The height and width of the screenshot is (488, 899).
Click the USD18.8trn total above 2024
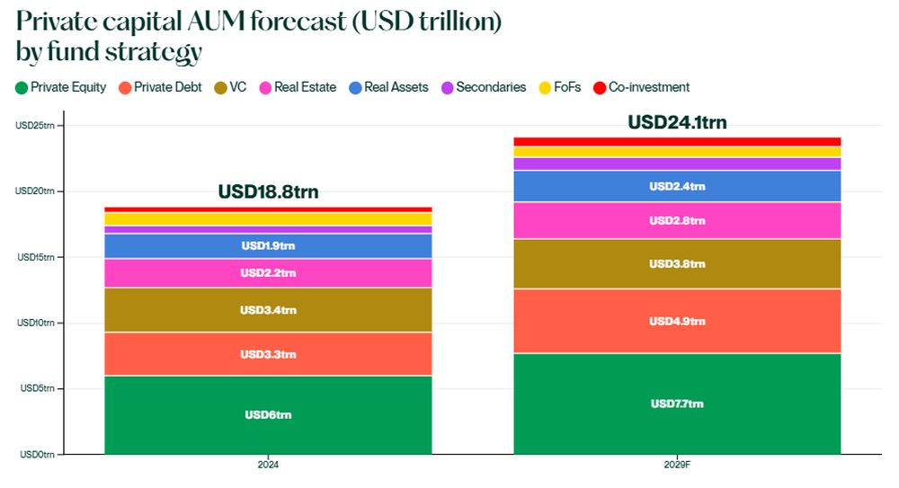[x=268, y=191]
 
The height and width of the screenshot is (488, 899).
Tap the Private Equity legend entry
[x=61, y=87]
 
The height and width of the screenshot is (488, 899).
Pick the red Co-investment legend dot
[x=600, y=88]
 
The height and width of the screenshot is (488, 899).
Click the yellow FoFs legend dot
[x=544, y=88]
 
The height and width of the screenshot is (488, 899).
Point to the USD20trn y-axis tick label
[x=35, y=191]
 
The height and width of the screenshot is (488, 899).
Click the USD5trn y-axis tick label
[x=37, y=388]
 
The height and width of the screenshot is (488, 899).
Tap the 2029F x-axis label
[x=677, y=466]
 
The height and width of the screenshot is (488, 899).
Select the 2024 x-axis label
[x=268, y=466]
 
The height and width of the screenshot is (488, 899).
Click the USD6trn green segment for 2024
[x=268, y=414]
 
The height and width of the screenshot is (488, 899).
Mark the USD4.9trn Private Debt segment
[x=677, y=321]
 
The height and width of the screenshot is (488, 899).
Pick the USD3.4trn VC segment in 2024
[x=268, y=310]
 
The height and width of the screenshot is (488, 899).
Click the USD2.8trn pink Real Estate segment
[x=677, y=220]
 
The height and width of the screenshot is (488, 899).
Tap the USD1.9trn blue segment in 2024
[x=268, y=245]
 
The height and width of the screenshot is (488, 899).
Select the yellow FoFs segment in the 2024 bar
[x=268, y=218]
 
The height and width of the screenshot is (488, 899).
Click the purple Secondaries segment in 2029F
[x=677, y=164]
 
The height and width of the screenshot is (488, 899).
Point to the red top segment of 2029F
[x=677, y=141]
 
